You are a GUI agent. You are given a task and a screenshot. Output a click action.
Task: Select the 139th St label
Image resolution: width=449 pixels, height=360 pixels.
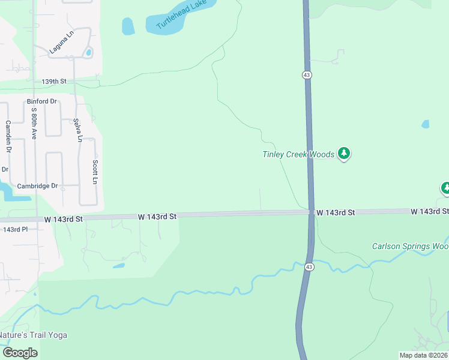[x=53, y=81]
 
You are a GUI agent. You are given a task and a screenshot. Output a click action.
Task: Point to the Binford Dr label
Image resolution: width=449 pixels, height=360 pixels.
[x=41, y=101]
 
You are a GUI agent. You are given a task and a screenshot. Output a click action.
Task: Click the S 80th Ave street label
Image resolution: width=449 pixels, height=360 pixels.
[x=34, y=123]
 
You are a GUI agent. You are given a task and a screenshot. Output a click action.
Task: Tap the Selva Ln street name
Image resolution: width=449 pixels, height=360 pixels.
[x=77, y=130]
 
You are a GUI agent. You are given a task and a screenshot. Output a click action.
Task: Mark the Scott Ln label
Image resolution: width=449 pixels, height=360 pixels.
[x=95, y=172]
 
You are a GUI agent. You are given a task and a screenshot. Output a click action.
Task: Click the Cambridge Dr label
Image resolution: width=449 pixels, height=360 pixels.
[x=37, y=186]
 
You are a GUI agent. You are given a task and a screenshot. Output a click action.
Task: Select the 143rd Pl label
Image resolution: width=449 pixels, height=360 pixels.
[x=16, y=229]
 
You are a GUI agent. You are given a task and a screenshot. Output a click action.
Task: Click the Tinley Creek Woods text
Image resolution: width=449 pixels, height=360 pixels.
[x=298, y=154]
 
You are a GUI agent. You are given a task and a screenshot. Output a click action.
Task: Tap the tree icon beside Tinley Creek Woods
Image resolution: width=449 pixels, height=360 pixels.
[x=344, y=154]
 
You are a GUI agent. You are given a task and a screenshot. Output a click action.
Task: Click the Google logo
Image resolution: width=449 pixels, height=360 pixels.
[x=20, y=353]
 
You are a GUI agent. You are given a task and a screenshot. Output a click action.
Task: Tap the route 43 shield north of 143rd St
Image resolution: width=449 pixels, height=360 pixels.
[x=306, y=74]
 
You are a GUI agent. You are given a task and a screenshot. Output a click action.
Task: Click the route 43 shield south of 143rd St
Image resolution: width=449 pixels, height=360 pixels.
[x=309, y=266]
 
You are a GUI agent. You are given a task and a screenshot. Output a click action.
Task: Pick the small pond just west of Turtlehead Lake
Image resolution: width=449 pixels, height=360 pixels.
[x=128, y=26]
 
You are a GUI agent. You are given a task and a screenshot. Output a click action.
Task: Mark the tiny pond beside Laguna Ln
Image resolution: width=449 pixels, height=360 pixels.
[x=89, y=53]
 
